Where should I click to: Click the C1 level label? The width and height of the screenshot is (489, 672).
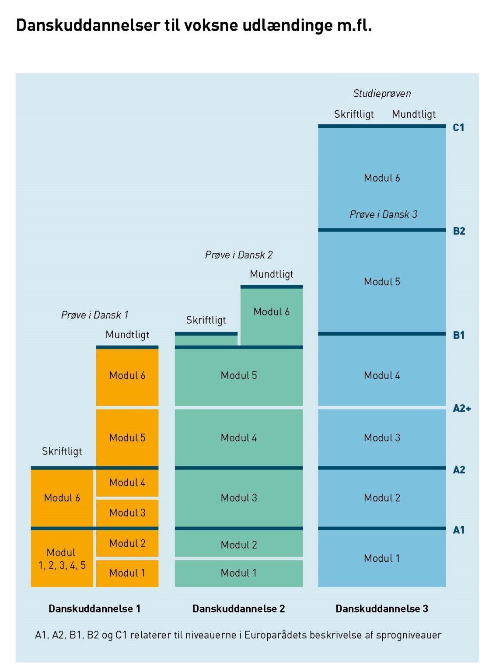(x=458, y=127)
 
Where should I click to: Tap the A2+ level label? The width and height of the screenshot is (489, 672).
(x=461, y=408)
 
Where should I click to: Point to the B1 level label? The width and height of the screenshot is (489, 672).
(x=458, y=335)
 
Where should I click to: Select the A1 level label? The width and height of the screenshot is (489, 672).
(x=458, y=530)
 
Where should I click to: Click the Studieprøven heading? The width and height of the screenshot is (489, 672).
(x=382, y=93)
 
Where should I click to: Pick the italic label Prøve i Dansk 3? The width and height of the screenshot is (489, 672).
(x=383, y=214)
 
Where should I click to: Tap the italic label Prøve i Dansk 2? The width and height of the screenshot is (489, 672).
(x=238, y=255)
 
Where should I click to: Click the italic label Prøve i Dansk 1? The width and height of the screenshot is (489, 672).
(x=94, y=315)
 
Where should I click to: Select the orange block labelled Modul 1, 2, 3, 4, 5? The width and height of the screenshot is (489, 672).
(x=62, y=558)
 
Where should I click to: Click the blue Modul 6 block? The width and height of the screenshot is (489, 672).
(x=382, y=178)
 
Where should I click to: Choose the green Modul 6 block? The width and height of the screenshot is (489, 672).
(x=271, y=311)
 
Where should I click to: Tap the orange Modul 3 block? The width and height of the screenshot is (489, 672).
(x=127, y=512)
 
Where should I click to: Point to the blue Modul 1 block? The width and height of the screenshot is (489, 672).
(x=382, y=558)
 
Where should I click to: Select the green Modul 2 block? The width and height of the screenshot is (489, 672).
(x=238, y=544)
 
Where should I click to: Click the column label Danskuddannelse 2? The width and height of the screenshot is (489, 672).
(x=238, y=608)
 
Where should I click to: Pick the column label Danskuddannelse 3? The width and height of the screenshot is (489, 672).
(x=382, y=608)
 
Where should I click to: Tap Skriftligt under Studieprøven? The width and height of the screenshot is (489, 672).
(x=354, y=114)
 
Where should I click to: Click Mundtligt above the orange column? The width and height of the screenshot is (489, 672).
(x=127, y=335)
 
